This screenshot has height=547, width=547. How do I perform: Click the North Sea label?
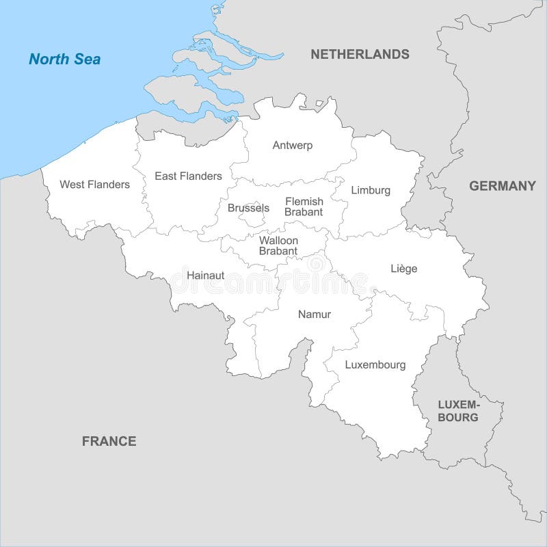click(x=64, y=59)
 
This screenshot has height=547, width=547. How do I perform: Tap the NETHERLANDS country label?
click(x=360, y=54)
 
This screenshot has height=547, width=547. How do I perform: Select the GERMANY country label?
click(x=502, y=186)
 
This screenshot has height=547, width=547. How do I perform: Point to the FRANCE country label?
click(x=109, y=441)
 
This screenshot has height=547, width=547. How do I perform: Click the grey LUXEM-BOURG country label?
click(x=458, y=410)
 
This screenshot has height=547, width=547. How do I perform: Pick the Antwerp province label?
click(x=292, y=145)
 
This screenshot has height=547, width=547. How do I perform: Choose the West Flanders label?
click(x=94, y=185)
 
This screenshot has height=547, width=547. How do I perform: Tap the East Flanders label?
click(x=188, y=176)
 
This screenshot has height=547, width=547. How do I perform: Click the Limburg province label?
click(x=371, y=190)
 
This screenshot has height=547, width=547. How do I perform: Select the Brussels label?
click(x=248, y=208)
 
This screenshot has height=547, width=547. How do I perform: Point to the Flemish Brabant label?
click(x=304, y=206)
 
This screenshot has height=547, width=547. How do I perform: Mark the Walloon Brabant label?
click(x=278, y=245)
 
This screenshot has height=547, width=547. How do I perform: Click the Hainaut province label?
click(x=205, y=276)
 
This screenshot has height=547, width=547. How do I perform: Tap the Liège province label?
click(x=403, y=269)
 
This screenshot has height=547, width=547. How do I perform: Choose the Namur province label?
click(x=315, y=315)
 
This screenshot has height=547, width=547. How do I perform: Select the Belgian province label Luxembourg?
click(x=375, y=365)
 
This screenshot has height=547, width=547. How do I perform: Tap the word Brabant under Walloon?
click(x=278, y=252)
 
